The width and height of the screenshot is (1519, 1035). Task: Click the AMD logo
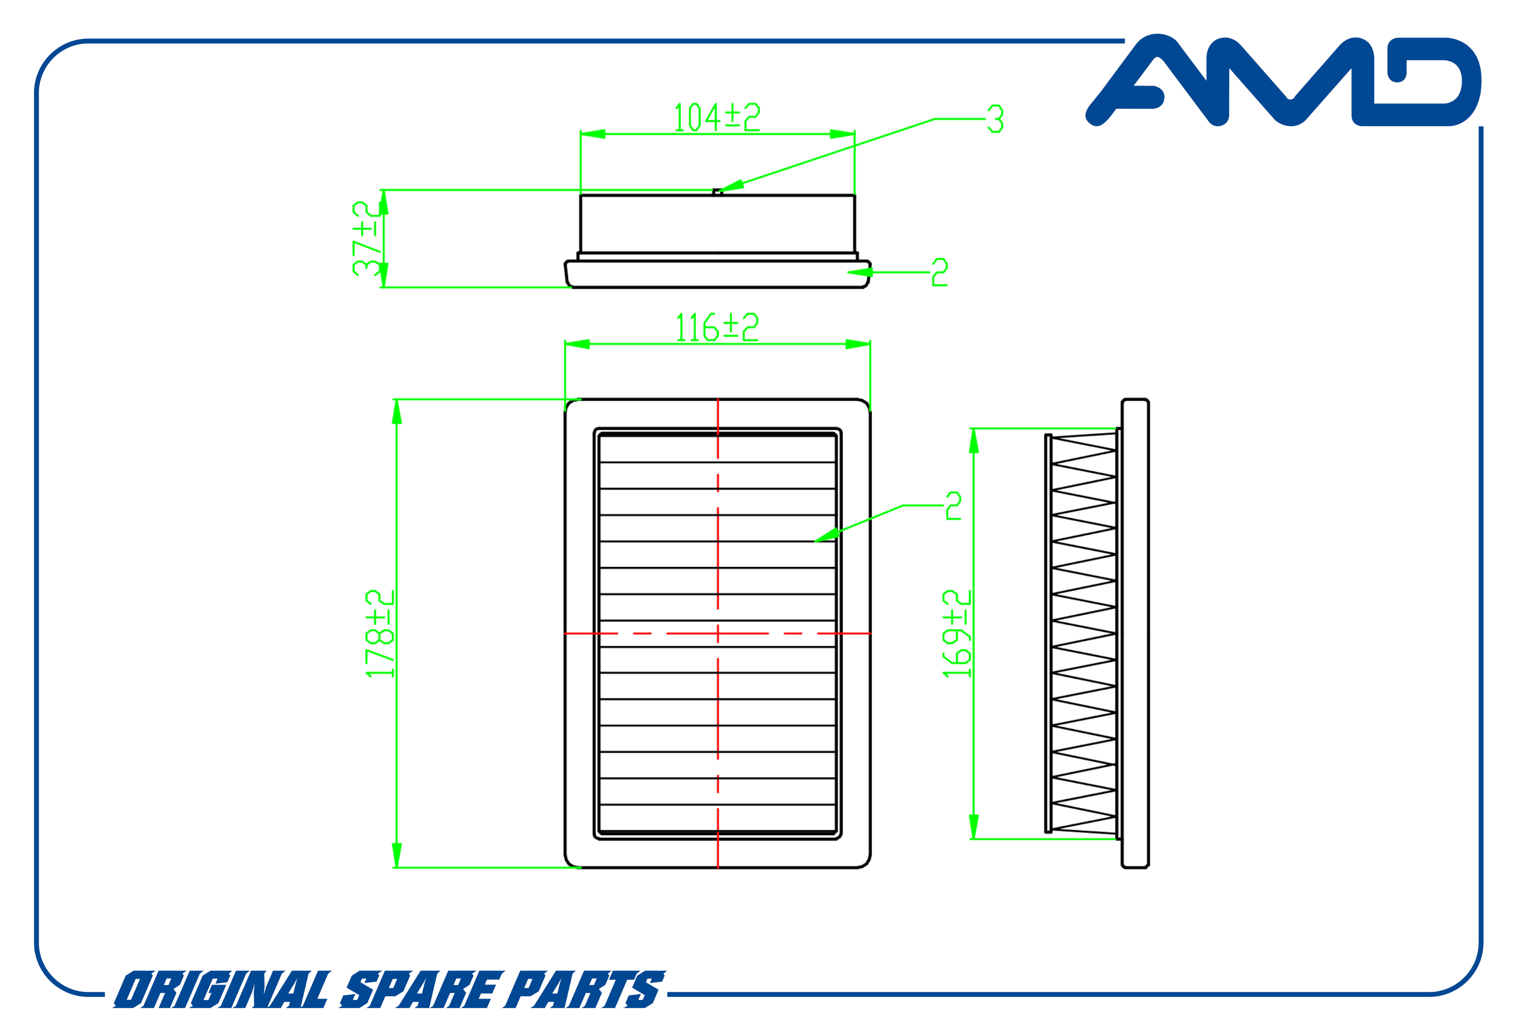(1282, 80)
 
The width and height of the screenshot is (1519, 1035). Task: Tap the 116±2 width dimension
(717, 327)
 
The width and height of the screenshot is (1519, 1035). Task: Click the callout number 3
(995, 119)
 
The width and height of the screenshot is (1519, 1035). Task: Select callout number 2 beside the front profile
(940, 272)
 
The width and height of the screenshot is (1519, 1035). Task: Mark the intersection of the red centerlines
(718, 633)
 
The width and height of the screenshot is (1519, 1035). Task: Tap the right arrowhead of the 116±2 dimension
(858, 344)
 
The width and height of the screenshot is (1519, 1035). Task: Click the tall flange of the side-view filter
(1135, 633)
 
